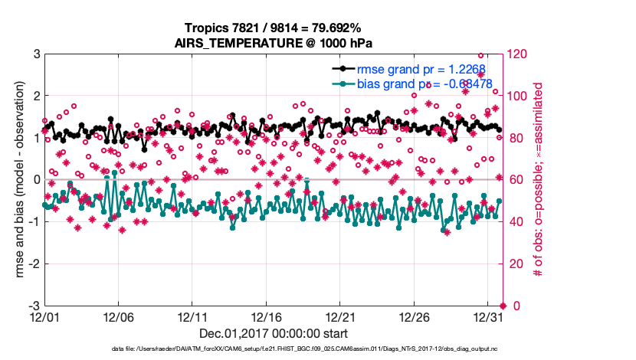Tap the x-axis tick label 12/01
[44, 316]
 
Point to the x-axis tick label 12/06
[118, 316]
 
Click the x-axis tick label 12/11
[192, 316]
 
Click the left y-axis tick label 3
[36, 54]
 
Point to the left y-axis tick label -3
[34, 306]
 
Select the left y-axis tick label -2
[34, 263]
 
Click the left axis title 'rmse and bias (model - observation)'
[15, 179]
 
